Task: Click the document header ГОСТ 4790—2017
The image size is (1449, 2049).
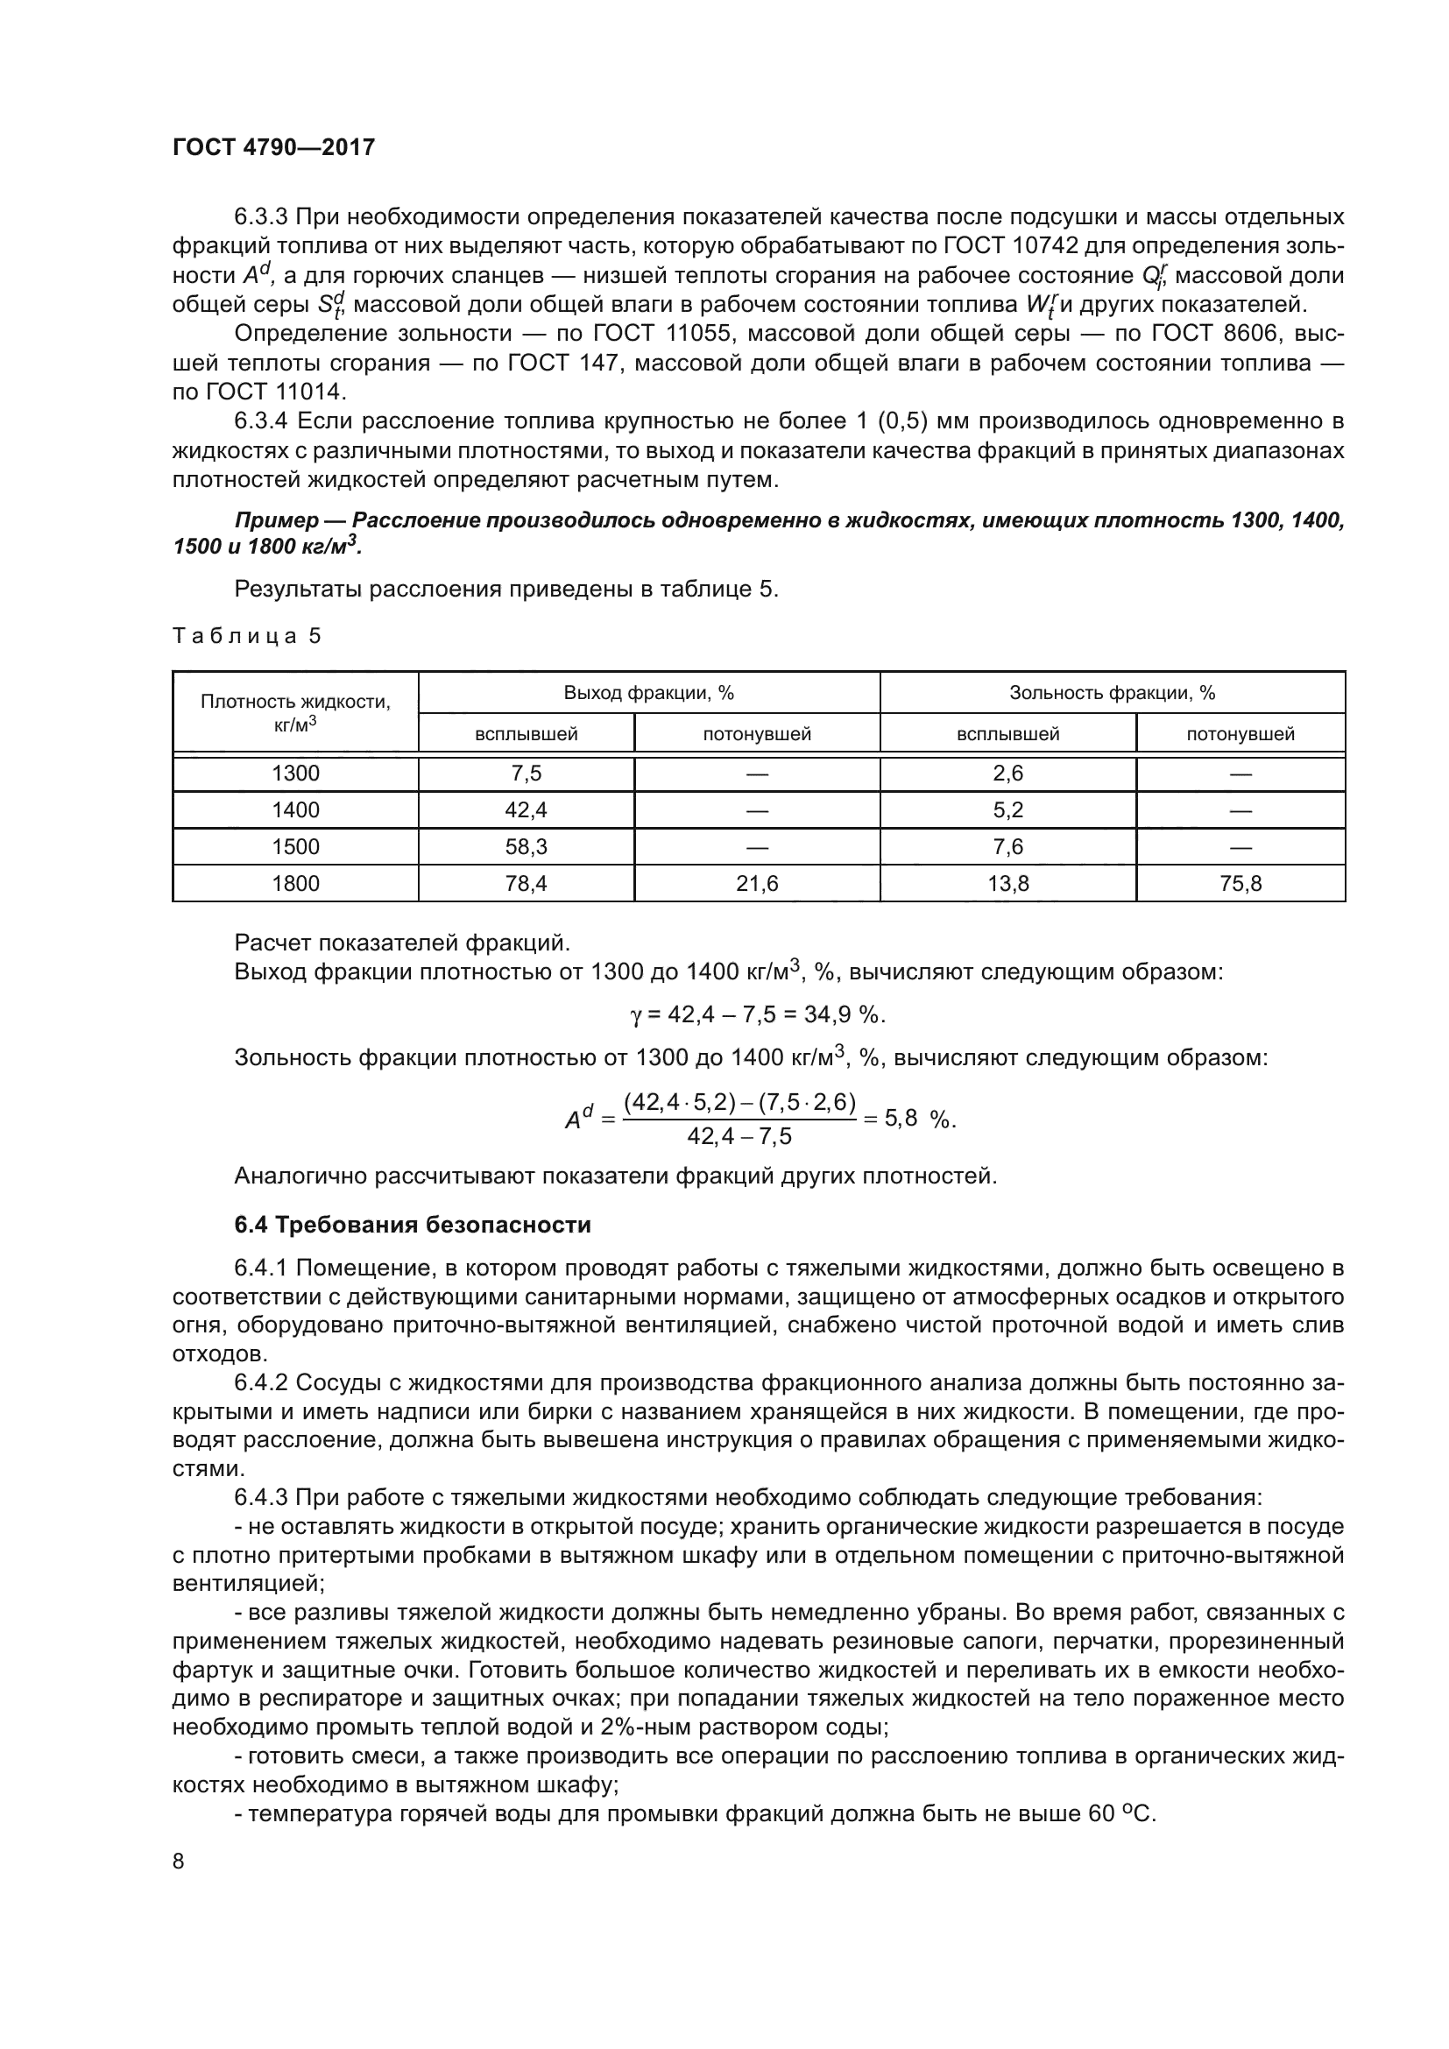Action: [x=273, y=147]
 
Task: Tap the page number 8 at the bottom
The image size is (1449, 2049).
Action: [x=179, y=1862]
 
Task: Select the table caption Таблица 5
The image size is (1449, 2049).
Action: [x=246, y=636]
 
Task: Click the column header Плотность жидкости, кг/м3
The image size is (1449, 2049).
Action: [x=295, y=712]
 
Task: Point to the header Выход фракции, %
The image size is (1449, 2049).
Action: [x=648, y=694]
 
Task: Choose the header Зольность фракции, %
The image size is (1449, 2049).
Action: [x=1112, y=694]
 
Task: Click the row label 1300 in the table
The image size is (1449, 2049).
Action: [x=295, y=774]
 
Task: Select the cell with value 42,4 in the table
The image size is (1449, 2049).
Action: [x=526, y=810]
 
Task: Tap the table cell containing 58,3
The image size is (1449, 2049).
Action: [x=526, y=847]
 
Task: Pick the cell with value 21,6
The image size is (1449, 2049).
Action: [x=757, y=884]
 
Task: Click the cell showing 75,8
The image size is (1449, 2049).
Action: [x=1240, y=884]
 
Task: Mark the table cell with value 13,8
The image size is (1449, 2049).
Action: [x=1008, y=884]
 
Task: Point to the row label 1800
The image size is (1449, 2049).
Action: [x=295, y=884]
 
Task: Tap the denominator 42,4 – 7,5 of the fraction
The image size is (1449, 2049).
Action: [x=739, y=1135]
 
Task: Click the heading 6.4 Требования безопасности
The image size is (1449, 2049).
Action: [x=413, y=1225]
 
